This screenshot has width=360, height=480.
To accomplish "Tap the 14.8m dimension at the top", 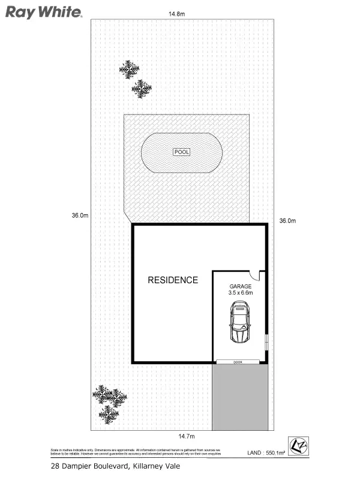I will (x=176, y=13).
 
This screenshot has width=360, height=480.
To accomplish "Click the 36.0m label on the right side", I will (x=287, y=221).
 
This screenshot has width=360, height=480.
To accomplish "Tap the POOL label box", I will (x=181, y=152).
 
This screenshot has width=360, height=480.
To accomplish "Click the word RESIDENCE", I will (x=173, y=280).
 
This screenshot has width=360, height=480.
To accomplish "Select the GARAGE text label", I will (x=241, y=287).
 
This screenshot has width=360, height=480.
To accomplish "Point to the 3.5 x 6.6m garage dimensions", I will (x=241, y=293).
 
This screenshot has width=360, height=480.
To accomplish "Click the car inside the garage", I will (x=240, y=322).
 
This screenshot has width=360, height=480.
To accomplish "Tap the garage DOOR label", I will (x=238, y=362).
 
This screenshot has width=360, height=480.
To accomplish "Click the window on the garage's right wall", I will (x=266, y=343).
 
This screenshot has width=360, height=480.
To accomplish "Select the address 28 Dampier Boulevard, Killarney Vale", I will (x=114, y=466).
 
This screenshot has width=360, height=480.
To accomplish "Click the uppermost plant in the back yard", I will (x=128, y=70).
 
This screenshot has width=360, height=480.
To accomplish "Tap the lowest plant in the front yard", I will (x=109, y=413).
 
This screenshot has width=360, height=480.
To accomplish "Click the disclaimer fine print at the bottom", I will (x=135, y=452).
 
